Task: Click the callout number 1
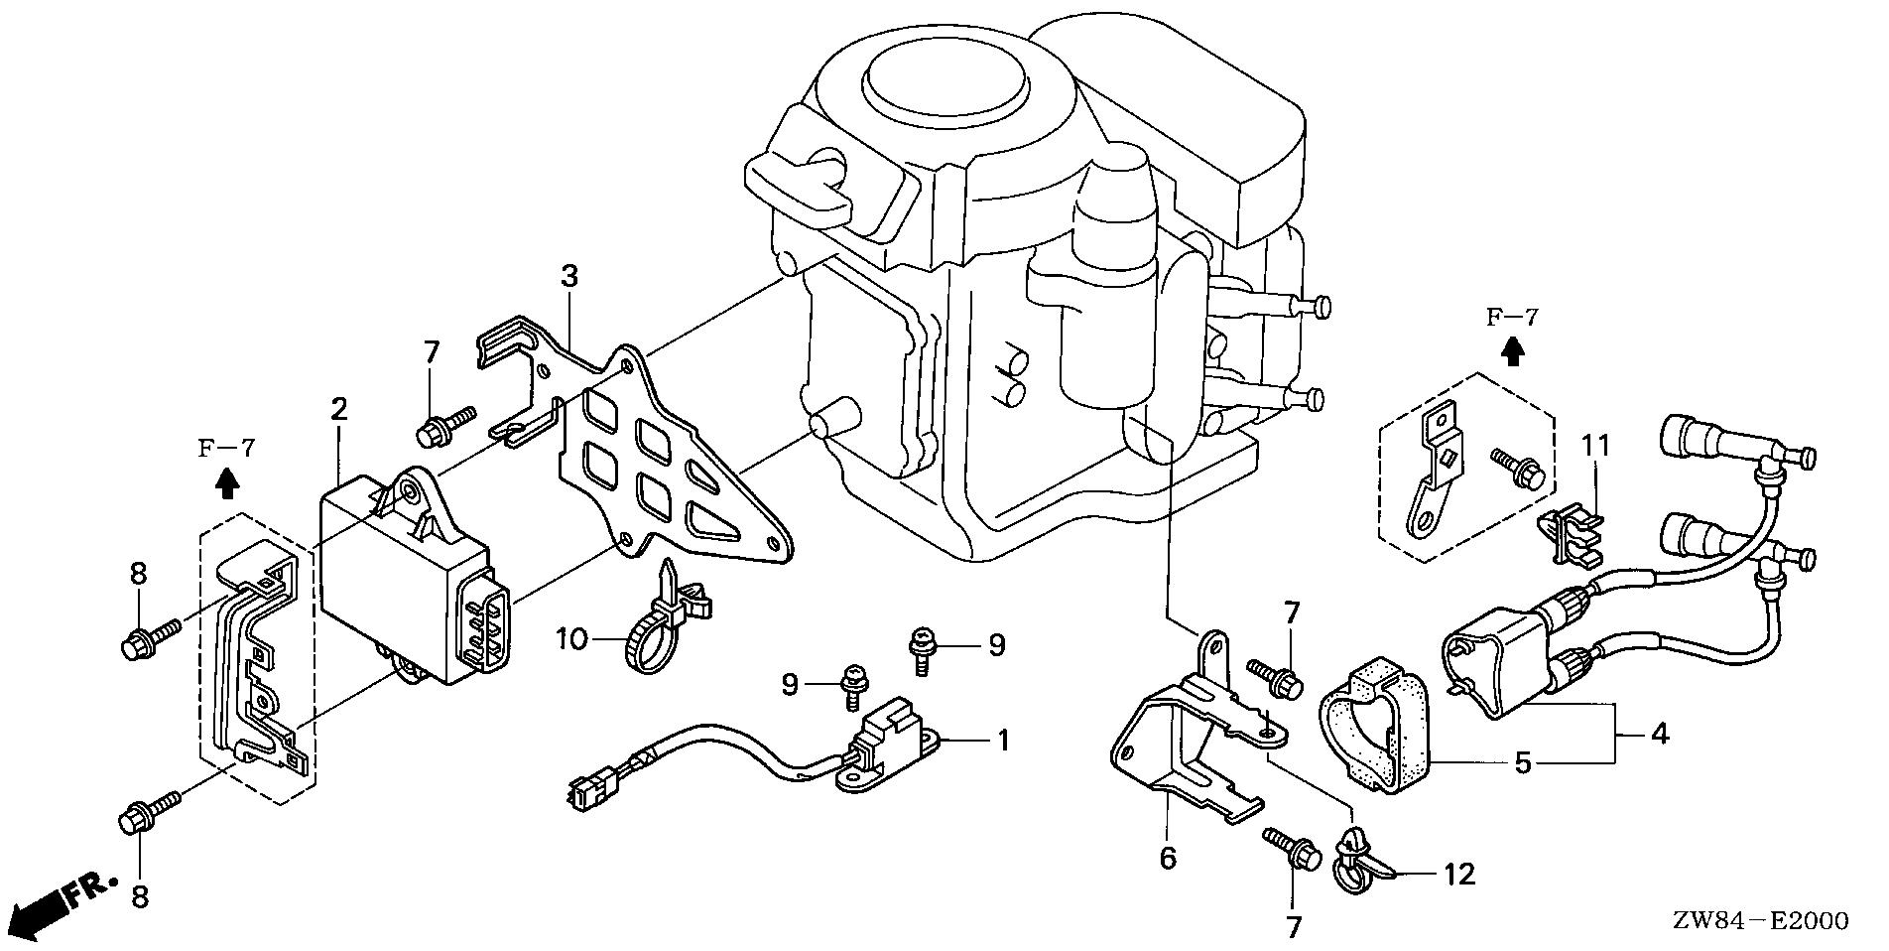tap(1003, 741)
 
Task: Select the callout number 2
tap(339, 408)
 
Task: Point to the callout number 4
tap(1660, 736)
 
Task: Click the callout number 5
tap(1524, 763)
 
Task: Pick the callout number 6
tap(1168, 858)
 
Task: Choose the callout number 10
tap(572, 640)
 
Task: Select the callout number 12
tap(1460, 875)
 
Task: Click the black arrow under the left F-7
tap(226, 483)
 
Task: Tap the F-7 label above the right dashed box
tap(1511, 318)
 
